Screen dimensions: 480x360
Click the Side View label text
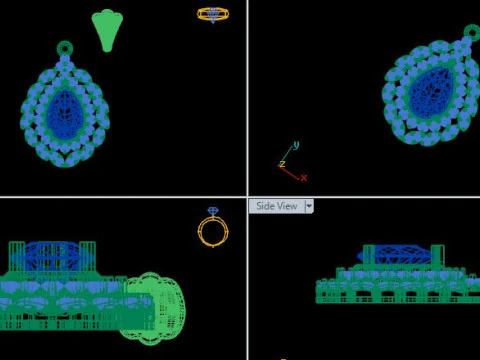click(x=277, y=206)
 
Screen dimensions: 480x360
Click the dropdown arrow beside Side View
click(x=309, y=206)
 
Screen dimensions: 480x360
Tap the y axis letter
click(x=296, y=145)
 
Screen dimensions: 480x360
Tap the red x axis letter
click(x=304, y=178)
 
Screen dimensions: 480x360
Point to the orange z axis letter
click(x=282, y=164)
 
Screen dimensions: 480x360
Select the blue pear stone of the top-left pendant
click(x=65, y=114)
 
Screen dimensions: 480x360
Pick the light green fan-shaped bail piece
click(x=107, y=30)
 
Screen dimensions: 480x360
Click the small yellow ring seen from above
click(x=213, y=14)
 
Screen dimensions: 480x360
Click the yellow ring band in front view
click(x=199, y=231)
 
